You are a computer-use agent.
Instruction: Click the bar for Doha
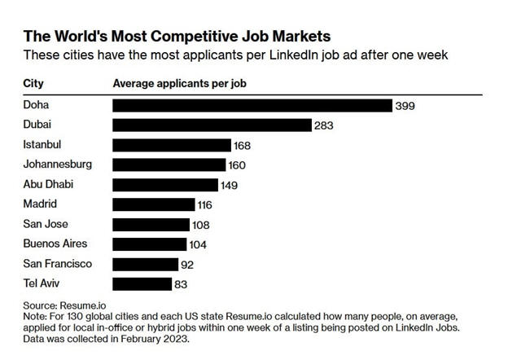pyautogui.click(x=252, y=105)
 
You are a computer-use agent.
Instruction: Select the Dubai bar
pyautogui.click(x=212, y=125)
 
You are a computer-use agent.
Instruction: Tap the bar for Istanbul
pyautogui.click(x=171, y=145)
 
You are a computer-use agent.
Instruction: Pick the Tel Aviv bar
pyautogui.click(x=141, y=283)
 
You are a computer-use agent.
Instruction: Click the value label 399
pyautogui.click(x=405, y=106)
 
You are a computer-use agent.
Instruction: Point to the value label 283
pyautogui.click(x=324, y=125)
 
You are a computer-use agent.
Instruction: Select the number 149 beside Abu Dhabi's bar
pyautogui.click(x=229, y=185)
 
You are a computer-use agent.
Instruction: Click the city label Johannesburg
pyautogui.click(x=57, y=165)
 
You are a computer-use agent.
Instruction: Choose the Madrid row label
pyautogui.click(x=41, y=204)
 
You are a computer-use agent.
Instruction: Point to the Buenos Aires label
pyautogui.click(x=55, y=244)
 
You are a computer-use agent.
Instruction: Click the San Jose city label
pyautogui.click(x=46, y=224)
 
